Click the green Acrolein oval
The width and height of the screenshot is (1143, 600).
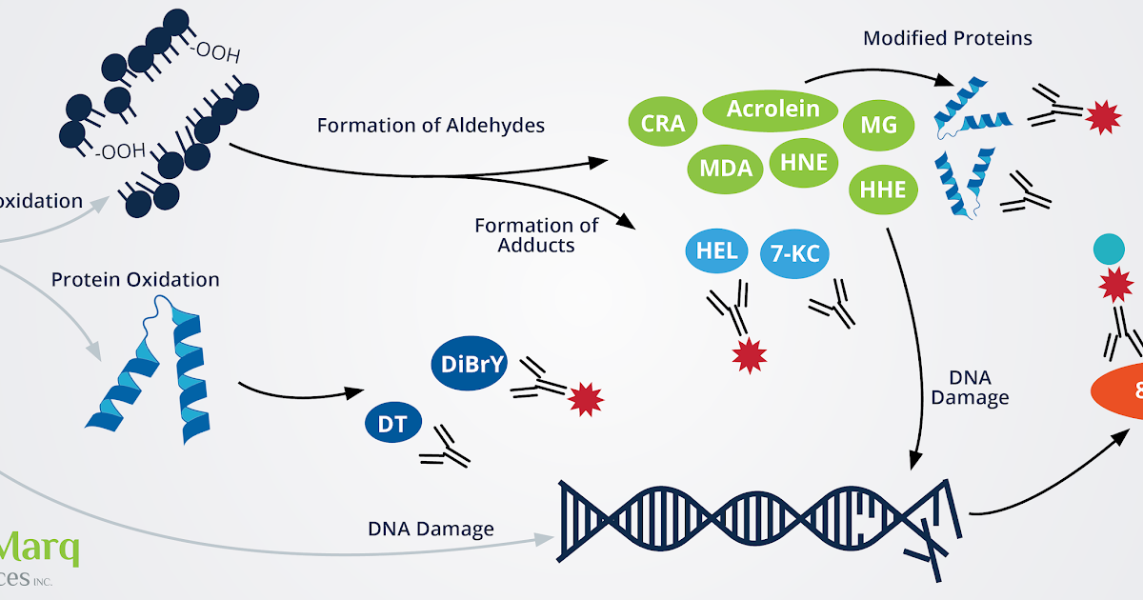[x=772, y=110]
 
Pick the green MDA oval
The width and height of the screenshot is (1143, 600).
[x=726, y=169]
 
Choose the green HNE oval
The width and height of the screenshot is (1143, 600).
[x=803, y=163]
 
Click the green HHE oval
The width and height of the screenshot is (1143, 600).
[x=882, y=189]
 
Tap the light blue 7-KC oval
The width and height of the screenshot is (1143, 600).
[x=795, y=254]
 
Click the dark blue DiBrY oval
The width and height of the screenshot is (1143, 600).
[x=473, y=364]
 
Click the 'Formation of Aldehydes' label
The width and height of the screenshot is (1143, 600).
[x=431, y=125]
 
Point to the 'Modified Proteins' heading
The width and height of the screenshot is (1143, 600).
[x=947, y=39]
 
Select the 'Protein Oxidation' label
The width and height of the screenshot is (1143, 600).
[x=135, y=280]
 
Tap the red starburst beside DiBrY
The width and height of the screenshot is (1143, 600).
[x=586, y=399]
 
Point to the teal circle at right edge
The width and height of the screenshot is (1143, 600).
[x=1111, y=250]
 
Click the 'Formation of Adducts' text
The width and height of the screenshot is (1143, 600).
[x=536, y=235]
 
